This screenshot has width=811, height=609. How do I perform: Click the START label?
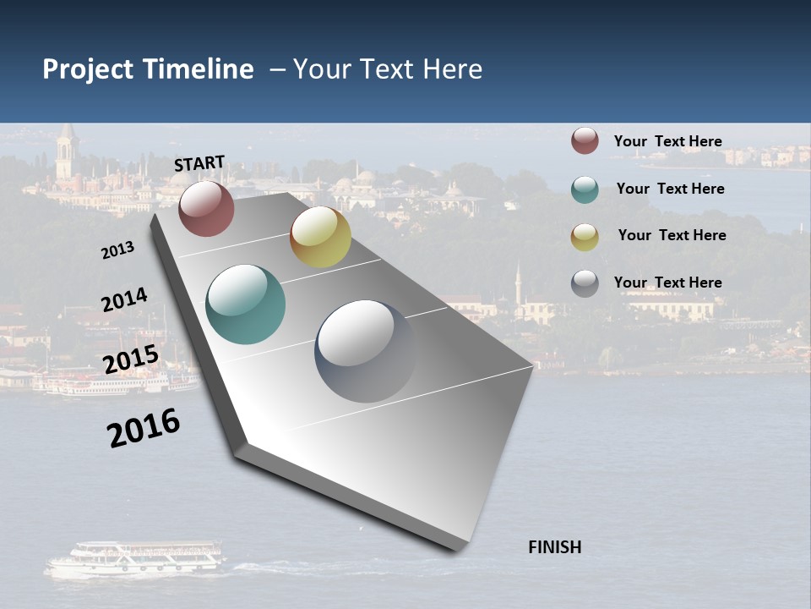pos(199,163)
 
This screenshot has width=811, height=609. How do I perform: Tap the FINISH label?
pos(554,547)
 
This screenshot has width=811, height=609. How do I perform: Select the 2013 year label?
pos(117,250)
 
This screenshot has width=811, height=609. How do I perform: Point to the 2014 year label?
pos(124,300)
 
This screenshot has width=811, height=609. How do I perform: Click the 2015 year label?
pos(131,359)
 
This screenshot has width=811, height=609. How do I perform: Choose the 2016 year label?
pos(144,427)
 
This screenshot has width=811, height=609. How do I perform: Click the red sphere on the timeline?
pos(206,208)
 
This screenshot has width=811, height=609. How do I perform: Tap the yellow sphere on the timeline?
pos(320,237)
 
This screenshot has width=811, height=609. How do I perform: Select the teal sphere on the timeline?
pos(246,304)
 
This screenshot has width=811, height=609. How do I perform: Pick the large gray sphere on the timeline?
pos(366,351)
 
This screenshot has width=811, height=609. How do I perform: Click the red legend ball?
pos(585,141)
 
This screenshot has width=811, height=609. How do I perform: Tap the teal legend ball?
pos(585,189)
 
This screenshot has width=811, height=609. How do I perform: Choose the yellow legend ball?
pos(585,237)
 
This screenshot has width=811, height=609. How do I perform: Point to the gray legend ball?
pos(585,283)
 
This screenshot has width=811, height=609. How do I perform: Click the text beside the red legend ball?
pos(667,141)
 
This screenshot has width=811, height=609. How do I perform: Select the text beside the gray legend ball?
pos(667,283)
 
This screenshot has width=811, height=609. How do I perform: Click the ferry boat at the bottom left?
pos(135,560)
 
